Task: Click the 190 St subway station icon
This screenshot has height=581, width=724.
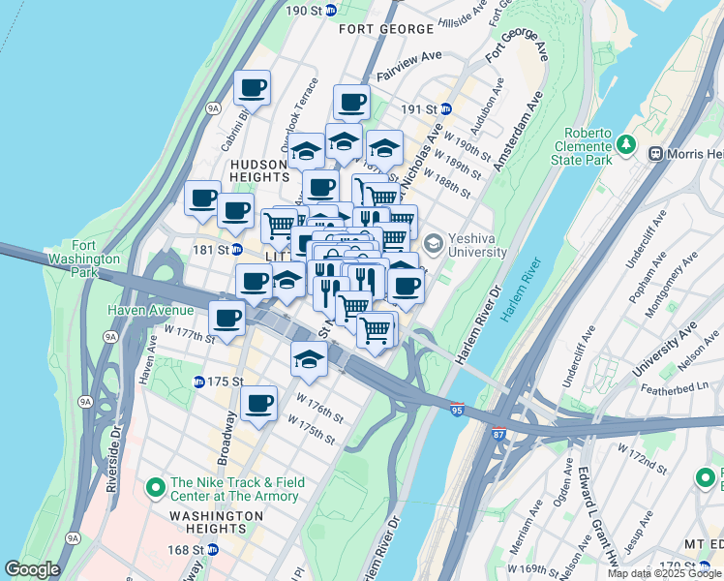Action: tap(331, 10)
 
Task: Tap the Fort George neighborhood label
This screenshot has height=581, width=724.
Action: tap(384, 29)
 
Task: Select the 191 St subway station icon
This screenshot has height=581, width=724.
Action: tap(445, 109)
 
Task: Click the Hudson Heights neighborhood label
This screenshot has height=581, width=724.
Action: tap(259, 171)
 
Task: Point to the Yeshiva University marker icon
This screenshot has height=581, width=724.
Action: tap(433, 242)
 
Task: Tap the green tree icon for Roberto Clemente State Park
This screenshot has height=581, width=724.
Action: tap(627, 145)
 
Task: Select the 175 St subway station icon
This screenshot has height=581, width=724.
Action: tap(198, 382)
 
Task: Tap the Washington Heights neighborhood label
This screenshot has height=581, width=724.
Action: tap(206, 523)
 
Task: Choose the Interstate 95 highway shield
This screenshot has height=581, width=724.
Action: tap(457, 410)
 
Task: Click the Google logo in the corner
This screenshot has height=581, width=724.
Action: tap(32, 569)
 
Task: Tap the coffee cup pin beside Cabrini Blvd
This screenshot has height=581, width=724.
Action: tap(253, 88)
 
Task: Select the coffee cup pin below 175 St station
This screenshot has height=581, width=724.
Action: tap(257, 403)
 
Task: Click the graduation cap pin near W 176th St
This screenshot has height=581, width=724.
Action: tap(309, 359)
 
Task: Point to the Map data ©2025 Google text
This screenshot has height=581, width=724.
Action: tap(665, 573)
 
